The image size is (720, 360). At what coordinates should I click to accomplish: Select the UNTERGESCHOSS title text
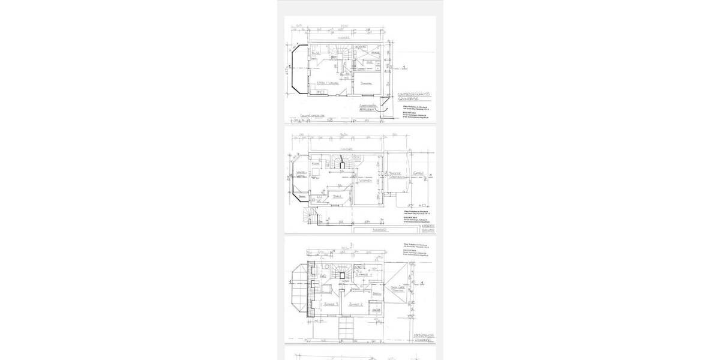[x=414, y=95]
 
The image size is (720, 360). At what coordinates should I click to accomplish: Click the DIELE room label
[x=337, y=196]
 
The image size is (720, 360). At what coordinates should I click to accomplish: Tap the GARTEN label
[x=418, y=175]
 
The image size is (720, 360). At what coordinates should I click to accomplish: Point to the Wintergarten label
[x=301, y=174]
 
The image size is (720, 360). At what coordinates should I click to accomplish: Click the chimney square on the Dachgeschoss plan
[x=342, y=277]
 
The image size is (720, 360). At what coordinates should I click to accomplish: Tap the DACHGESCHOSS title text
[x=424, y=335]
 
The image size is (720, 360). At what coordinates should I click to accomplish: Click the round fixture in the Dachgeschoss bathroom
[x=325, y=266]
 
